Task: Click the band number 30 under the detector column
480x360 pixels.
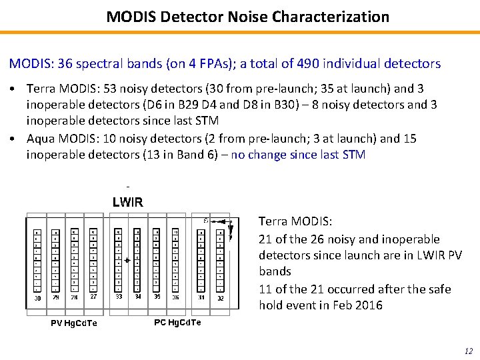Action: pos(37,298)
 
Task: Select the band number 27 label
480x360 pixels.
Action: pos(93,297)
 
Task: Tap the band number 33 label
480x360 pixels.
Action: pos(118,297)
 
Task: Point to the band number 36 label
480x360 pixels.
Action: pos(175,297)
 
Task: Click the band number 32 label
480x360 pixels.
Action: pos(220,298)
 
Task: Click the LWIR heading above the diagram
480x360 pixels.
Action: pos(127,203)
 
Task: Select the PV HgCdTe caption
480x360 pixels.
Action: pos(74,323)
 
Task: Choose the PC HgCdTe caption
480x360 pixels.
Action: pos(177,322)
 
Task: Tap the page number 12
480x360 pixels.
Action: pos(467,351)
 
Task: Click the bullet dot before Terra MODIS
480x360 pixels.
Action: pos(13,89)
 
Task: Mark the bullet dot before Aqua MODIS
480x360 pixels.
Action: pos(13,139)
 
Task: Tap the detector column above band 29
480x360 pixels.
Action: pos(55,260)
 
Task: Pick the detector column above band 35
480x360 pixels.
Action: pos(156,260)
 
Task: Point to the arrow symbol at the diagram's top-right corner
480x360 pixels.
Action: pos(229,227)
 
